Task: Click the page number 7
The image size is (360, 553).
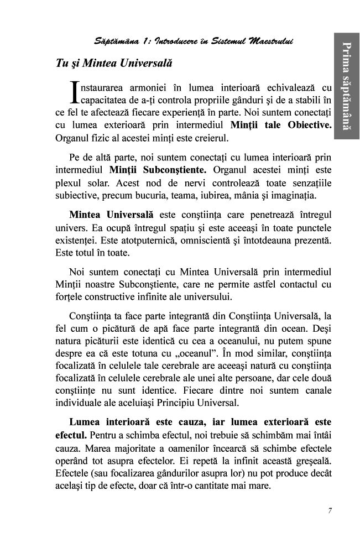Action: click(330, 510)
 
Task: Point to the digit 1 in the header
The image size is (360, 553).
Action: click(146, 41)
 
